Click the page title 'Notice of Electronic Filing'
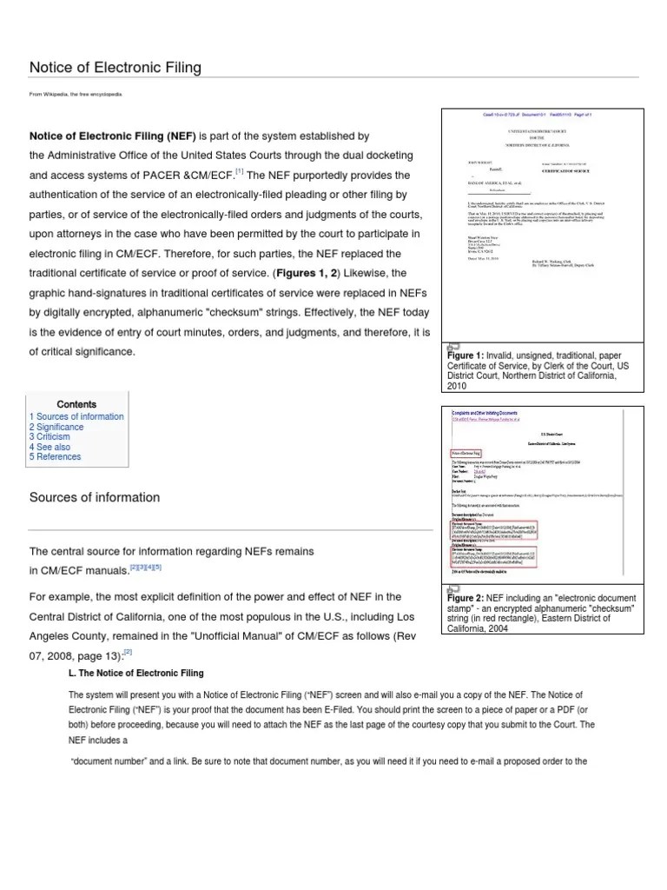tap(116, 67)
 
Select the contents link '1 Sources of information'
tap(76, 416)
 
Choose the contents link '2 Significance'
tap(56, 428)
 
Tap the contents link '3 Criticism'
tap(50, 437)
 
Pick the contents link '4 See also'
tap(50, 448)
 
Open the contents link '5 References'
tap(55, 457)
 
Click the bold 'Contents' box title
tap(76, 404)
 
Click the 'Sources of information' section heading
tap(95, 498)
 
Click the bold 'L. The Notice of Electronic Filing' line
tap(135, 674)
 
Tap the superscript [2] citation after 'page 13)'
tap(128, 650)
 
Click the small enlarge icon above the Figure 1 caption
tap(452, 347)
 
